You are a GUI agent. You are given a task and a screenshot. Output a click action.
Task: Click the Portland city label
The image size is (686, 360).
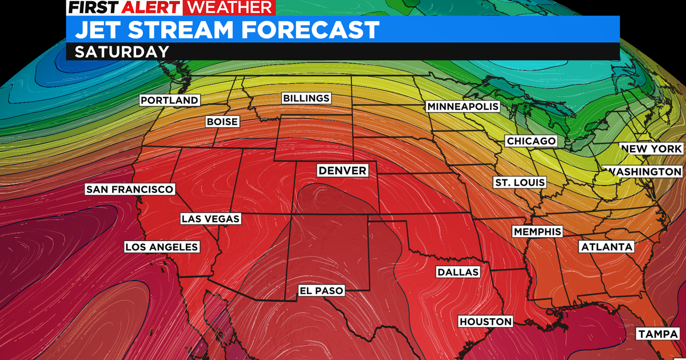(x=170, y=101)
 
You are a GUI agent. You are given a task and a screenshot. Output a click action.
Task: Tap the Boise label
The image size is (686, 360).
(x=222, y=122)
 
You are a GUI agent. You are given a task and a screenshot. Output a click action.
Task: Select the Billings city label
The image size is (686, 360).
(x=306, y=98)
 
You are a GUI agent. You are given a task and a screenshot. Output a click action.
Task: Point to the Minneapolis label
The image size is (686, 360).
(x=463, y=107)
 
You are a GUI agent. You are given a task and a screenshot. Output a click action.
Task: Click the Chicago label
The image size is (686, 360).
(x=531, y=141)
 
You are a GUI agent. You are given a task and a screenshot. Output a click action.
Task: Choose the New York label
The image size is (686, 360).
(x=651, y=149)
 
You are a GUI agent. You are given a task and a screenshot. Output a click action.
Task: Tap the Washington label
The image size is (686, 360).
(x=645, y=171)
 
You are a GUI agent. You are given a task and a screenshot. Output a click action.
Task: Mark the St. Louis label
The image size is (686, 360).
(x=520, y=183)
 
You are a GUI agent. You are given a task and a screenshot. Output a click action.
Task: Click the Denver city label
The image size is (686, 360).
(x=342, y=170)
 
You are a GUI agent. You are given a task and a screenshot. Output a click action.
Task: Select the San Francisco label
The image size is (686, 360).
(x=130, y=189)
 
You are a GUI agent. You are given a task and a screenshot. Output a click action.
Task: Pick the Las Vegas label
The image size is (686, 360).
(x=210, y=218)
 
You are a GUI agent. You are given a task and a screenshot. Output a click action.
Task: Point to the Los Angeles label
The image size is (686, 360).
(x=162, y=247)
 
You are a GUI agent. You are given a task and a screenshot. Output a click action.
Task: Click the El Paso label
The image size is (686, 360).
(x=322, y=291)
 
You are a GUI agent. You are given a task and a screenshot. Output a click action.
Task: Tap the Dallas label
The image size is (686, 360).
(x=457, y=272)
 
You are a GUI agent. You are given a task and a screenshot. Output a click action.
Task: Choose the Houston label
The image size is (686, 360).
(x=485, y=322)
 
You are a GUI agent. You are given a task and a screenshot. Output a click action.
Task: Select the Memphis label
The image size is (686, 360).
(x=537, y=231)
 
